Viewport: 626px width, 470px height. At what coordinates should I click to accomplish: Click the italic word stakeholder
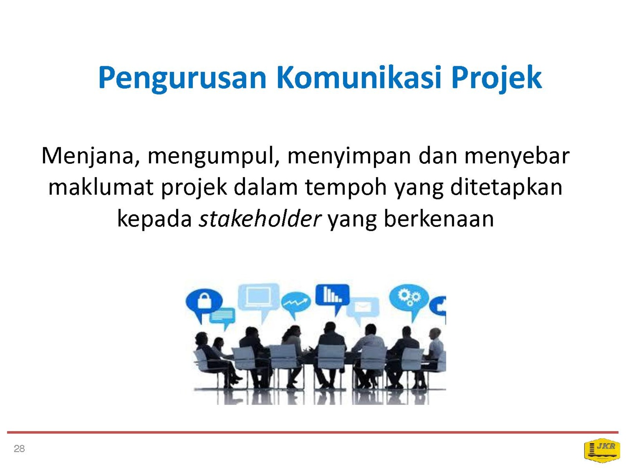coord(260,219)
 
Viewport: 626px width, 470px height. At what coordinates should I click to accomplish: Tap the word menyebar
coord(517,157)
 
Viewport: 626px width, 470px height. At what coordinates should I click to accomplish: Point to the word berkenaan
coord(439,219)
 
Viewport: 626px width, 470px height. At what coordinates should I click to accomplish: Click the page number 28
coord(20,448)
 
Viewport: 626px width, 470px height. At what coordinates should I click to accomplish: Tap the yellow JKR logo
coord(602,450)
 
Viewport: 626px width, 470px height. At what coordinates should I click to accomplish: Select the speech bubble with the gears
coord(409,300)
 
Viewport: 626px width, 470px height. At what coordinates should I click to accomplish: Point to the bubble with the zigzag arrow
coord(296,304)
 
